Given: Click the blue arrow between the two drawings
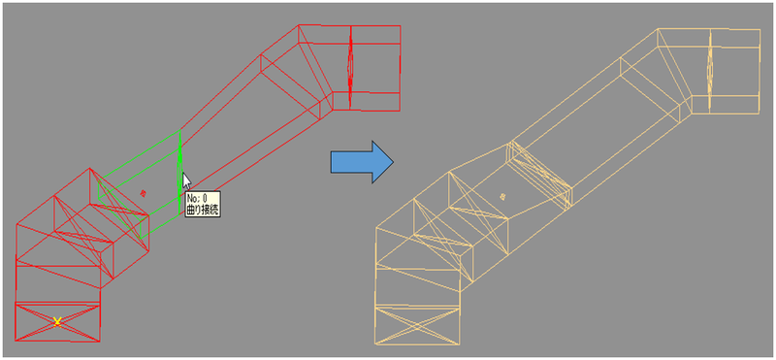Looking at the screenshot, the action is point(362,162).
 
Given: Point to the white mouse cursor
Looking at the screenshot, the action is point(186,180).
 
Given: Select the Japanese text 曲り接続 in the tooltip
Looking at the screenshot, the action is point(203,210).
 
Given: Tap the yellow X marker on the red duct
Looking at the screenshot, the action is point(57,321).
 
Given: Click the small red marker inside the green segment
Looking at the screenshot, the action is point(143,193).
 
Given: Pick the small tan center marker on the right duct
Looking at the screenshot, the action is point(503,197).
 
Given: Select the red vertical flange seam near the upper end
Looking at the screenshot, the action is point(350,67).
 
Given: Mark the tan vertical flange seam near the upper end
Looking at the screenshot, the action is point(710,70).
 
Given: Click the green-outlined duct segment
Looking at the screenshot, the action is point(140,184).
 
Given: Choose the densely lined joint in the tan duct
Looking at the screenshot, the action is point(539,175).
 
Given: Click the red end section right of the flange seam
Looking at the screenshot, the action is point(375,67).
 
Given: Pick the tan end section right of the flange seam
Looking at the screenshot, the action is point(735,71).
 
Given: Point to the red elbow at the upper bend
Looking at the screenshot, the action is point(307,69).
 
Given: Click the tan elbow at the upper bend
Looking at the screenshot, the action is point(666,73).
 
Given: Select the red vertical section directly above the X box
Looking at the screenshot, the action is point(58,283).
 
